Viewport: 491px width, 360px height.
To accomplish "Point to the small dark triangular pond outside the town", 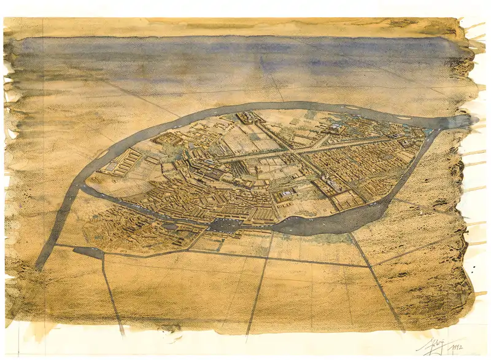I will [x=89, y=252].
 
